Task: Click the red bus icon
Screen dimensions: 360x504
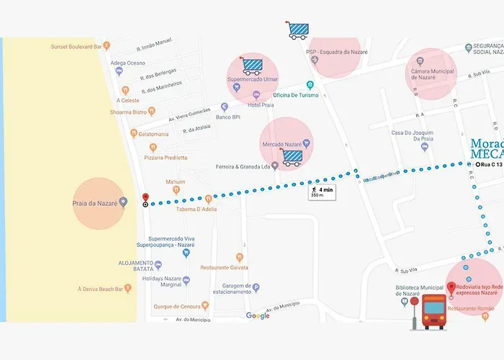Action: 434,312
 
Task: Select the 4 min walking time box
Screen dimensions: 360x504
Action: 321,191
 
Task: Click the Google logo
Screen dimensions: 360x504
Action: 258,315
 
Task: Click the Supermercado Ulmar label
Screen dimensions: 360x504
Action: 252,79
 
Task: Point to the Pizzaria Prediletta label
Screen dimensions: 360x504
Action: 166,158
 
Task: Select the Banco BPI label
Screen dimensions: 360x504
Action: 228,117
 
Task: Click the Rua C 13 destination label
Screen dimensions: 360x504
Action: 490,165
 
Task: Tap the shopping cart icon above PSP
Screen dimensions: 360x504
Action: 297,30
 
